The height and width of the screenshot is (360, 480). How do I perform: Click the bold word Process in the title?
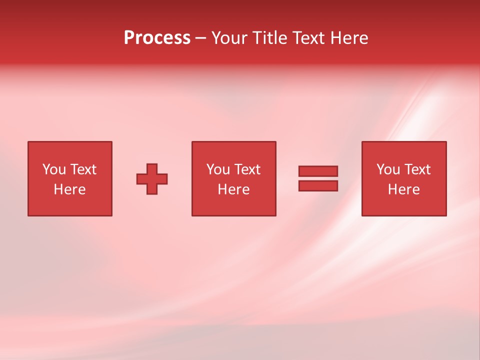(157, 38)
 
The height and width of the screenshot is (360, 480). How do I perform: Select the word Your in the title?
(229, 38)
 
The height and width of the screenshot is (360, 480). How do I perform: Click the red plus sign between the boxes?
(152, 179)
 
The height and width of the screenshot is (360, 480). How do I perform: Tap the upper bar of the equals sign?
(318, 171)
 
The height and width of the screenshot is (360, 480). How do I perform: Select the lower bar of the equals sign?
(318, 186)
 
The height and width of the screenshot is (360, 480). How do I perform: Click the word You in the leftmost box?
(54, 169)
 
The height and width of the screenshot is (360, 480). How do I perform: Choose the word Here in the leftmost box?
(69, 189)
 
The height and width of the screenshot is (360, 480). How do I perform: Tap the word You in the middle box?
(218, 169)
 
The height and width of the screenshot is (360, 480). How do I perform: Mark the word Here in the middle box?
(233, 189)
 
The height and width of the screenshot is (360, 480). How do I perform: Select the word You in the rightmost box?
(388, 169)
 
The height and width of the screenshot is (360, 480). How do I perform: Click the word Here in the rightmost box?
(403, 189)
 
